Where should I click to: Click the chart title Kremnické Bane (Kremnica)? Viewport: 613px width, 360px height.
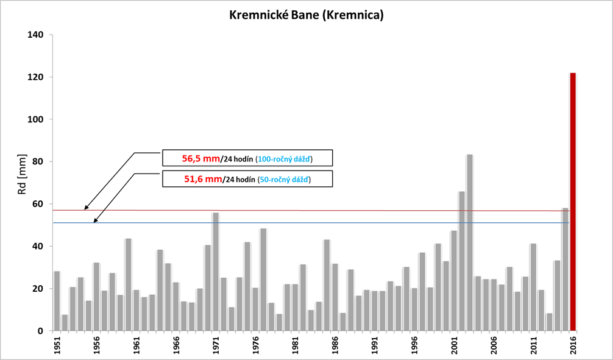[306, 15]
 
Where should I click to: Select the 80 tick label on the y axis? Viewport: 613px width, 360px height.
[38, 161]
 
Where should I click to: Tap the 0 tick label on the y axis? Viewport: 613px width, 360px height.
[41, 331]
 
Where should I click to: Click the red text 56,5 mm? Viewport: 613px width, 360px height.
[200, 158]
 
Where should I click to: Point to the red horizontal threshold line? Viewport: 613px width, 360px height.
[305, 210]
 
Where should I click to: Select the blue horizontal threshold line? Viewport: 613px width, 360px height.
[305, 222]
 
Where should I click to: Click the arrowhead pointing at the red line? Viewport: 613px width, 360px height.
[87, 208]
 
